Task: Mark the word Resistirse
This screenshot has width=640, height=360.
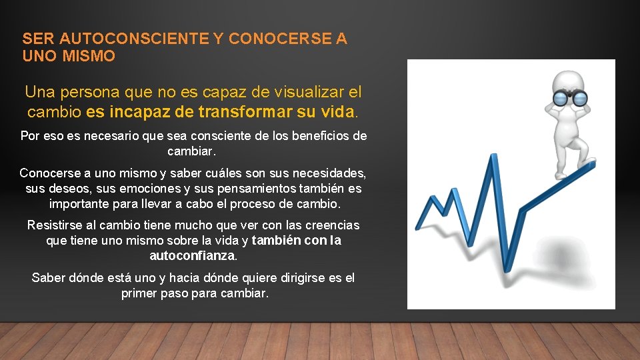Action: tap(57, 225)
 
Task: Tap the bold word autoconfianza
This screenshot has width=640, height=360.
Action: tap(192, 256)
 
